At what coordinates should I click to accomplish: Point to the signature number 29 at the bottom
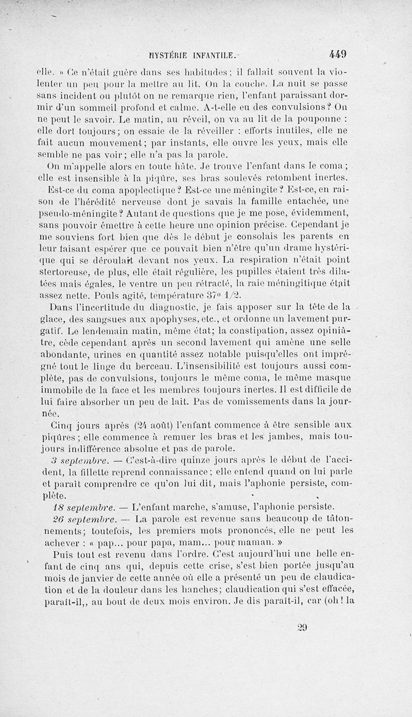click(x=303, y=627)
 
